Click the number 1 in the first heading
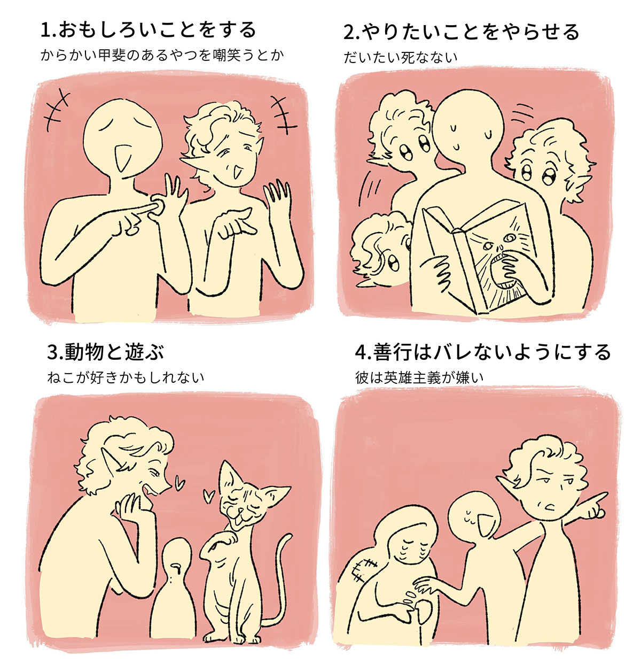(45, 30)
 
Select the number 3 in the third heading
(52, 353)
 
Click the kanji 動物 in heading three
(84, 352)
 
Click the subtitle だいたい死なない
(400, 58)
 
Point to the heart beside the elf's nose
(179, 484)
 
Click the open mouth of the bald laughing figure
(122, 158)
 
